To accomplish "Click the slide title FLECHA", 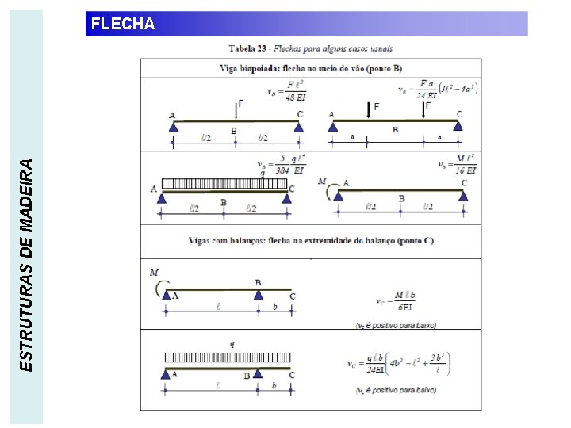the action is click(x=123, y=24).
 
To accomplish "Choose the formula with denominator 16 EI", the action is click(x=458, y=165).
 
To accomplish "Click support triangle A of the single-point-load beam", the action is click(x=173, y=126).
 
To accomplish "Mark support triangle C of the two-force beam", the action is click(x=459, y=125).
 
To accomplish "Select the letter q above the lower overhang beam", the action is click(x=232, y=344).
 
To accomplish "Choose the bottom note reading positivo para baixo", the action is click(x=396, y=390).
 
